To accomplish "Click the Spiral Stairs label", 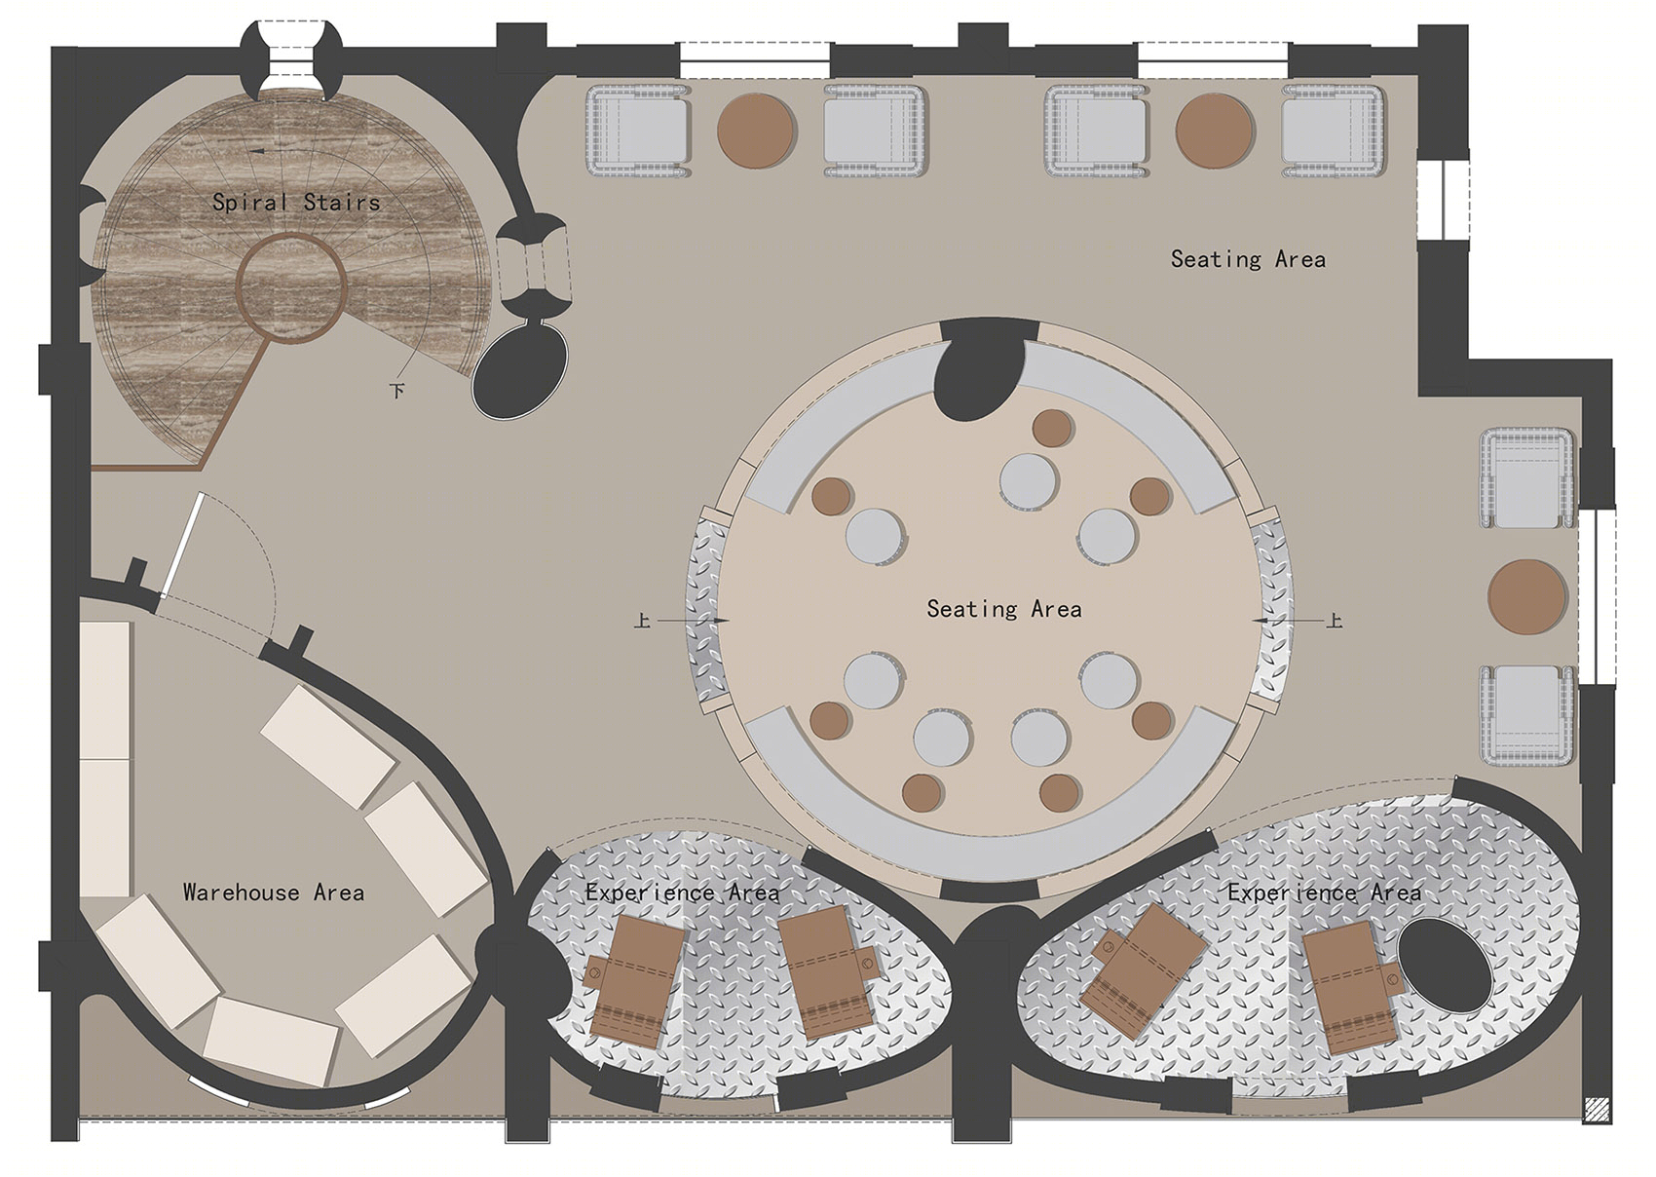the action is (296, 202).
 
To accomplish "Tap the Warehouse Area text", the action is (274, 892).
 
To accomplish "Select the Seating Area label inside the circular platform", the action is (1004, 609).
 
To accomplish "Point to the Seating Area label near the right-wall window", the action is (1248, 259).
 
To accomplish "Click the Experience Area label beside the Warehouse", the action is (682, 892).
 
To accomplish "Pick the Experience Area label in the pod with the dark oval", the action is (1324, 892).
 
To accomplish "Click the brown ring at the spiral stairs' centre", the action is (291, 286).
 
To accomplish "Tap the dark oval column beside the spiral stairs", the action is (520, 370).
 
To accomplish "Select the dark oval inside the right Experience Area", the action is (1446, 966).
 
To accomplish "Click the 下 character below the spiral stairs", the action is (397, 390).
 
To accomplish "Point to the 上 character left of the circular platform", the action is (643, 621).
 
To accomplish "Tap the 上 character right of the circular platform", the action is (1335, 621).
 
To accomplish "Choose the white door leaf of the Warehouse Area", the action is (182, 545).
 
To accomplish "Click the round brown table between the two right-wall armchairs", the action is (1527, 596).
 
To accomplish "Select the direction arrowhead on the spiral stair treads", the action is (257, 151).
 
